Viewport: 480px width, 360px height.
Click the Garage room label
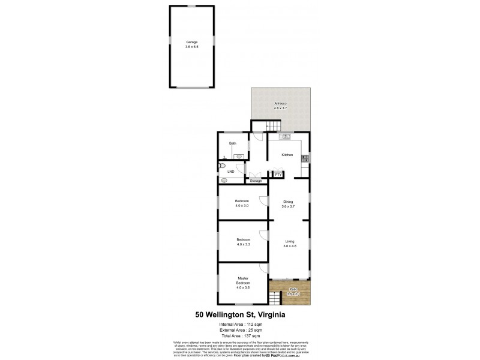(191, 42)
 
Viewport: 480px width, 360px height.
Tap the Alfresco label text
(281, 104)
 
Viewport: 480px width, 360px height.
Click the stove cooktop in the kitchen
(305, 158)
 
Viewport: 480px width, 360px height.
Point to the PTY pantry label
(278, 175)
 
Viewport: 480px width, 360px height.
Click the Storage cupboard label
(256, 181)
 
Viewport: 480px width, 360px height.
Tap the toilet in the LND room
(222, 165)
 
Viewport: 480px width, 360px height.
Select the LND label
(230, 172)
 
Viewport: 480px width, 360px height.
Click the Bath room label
(232, 143)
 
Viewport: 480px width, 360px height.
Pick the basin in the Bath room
(239, 156)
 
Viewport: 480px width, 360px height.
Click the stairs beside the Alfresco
(274, 127)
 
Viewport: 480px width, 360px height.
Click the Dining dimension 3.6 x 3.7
(289, 206)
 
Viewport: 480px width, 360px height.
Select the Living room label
(289, 241)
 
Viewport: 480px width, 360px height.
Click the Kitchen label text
(287, 155)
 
